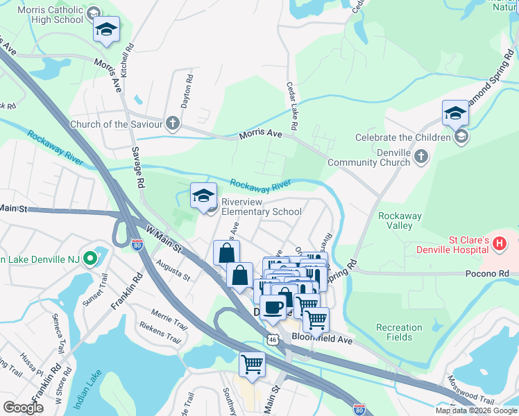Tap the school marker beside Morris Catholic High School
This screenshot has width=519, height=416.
point(106,31)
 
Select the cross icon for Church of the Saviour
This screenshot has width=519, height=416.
point(173,124)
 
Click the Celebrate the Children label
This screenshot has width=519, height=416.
point(402,137)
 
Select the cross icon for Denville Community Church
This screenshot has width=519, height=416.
point(420,157)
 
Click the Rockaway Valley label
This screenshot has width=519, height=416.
point(400,220)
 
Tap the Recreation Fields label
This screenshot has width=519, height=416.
point(399,332)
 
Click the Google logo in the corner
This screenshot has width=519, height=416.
point(24,407)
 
